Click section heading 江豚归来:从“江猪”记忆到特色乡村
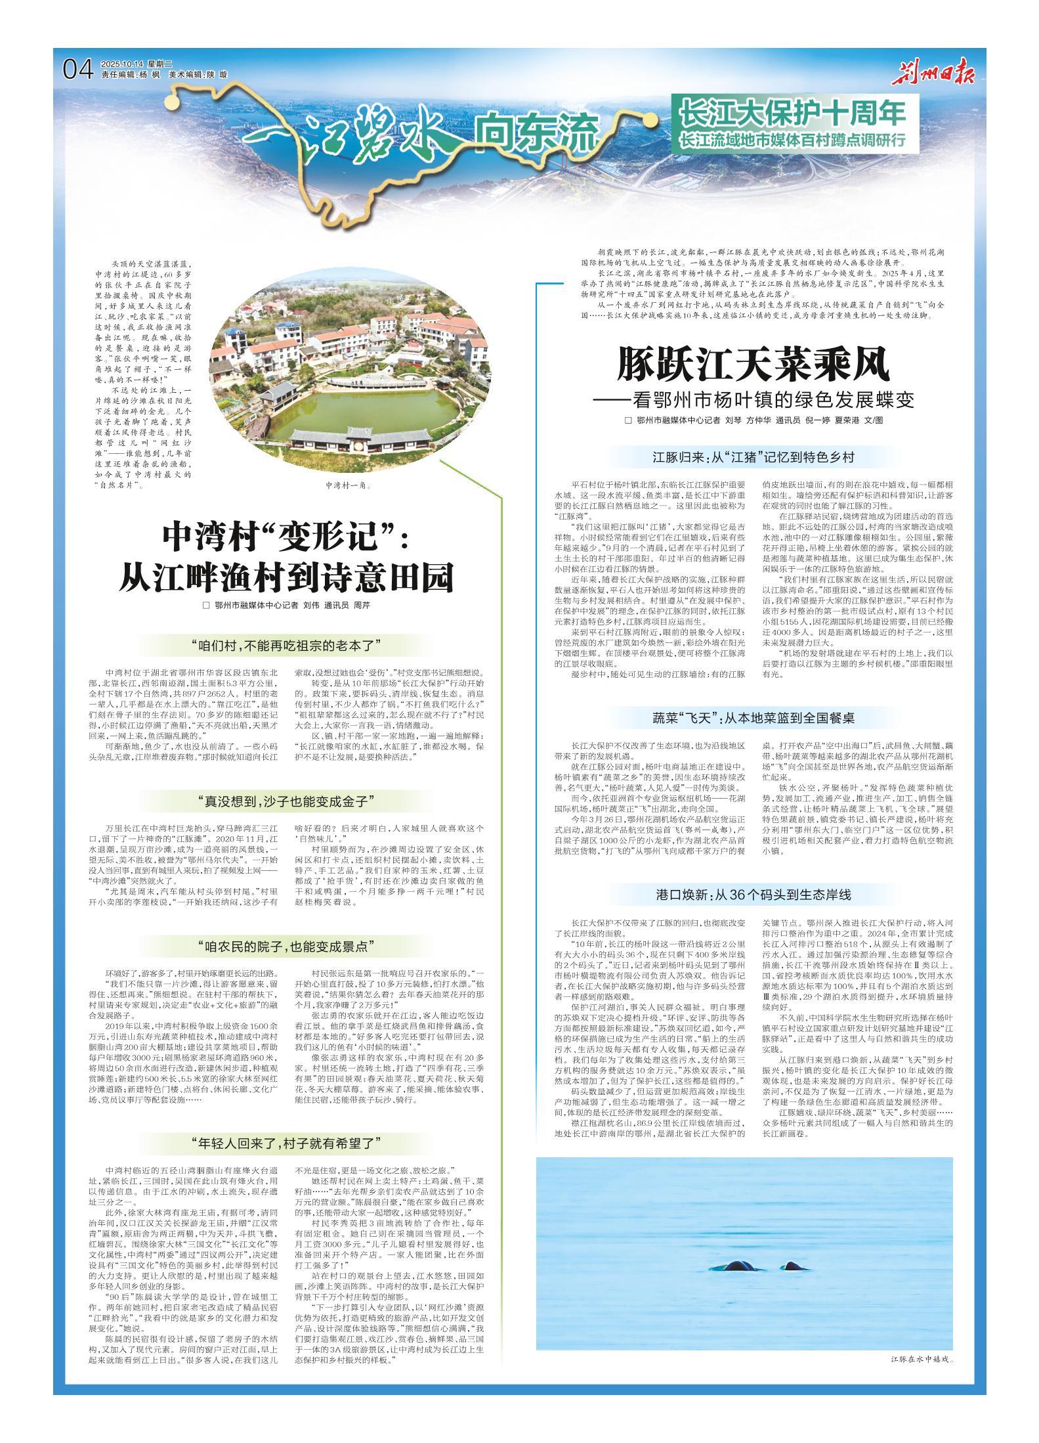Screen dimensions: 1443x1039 tap(752, 457)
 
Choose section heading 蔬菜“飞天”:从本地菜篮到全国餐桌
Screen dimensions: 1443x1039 tap(752, 717)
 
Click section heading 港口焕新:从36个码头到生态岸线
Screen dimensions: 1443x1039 tap(752, 895)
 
